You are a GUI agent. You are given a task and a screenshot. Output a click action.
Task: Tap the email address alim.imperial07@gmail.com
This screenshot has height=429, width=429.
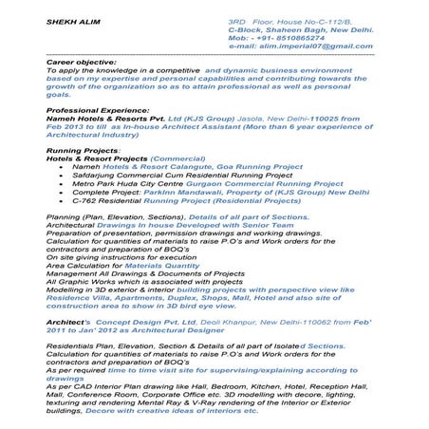tap(313, 46)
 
